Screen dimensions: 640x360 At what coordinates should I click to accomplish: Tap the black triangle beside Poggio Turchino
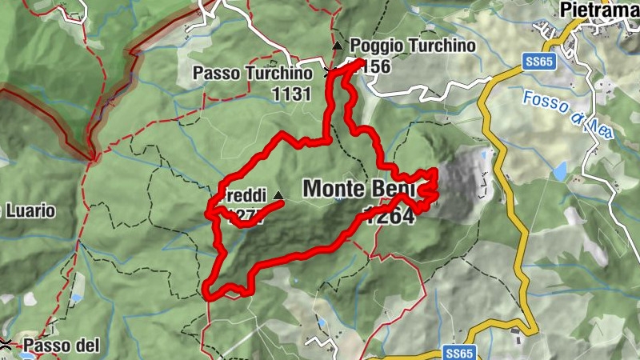[x=338, y=46]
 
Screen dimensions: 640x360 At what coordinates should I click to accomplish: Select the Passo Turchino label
[x=252, y=74]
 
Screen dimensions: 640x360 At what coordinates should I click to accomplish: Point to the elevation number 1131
[x=290, y=94]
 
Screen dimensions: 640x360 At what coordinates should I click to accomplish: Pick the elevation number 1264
[x=390, y=215]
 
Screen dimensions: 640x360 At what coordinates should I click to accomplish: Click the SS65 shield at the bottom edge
[x=457, y=353]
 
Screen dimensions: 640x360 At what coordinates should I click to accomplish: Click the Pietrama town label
[x=599, y=10]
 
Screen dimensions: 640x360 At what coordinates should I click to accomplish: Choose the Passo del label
[x=61, y=346]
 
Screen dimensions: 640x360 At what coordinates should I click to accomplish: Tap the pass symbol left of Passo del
[x=6, y=345]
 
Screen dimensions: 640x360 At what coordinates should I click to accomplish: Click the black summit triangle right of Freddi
[x=278, y=196]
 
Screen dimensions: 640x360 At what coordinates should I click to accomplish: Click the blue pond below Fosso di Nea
[x=559, y=170]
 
